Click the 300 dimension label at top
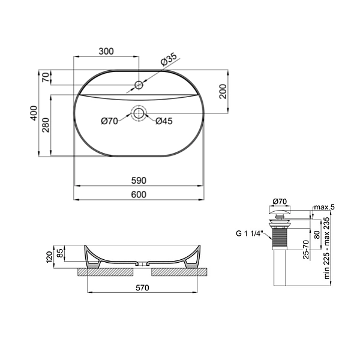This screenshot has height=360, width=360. pyautogui.click(x=106, y=51)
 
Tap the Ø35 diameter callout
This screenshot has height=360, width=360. pyautogui.click(x=169, y=59)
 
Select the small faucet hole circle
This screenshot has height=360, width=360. pyautogui.click(x=139, y=85)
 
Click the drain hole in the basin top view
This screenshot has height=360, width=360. pyautogui.click(x=139, y=113)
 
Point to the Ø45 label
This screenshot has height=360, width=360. pyautogui.click(x=164, y=121)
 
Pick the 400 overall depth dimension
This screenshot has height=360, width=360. pyautogui.click(x=34, y=113)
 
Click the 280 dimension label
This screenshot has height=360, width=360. pyautogui.click(x=46, y=125)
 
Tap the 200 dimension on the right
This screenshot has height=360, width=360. pyautogui.click(x=223, y=91)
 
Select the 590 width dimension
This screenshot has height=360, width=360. pyautogui.click(x=139, y=181)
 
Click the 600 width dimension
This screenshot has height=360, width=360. pyautogui.click(x=139, y=194)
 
